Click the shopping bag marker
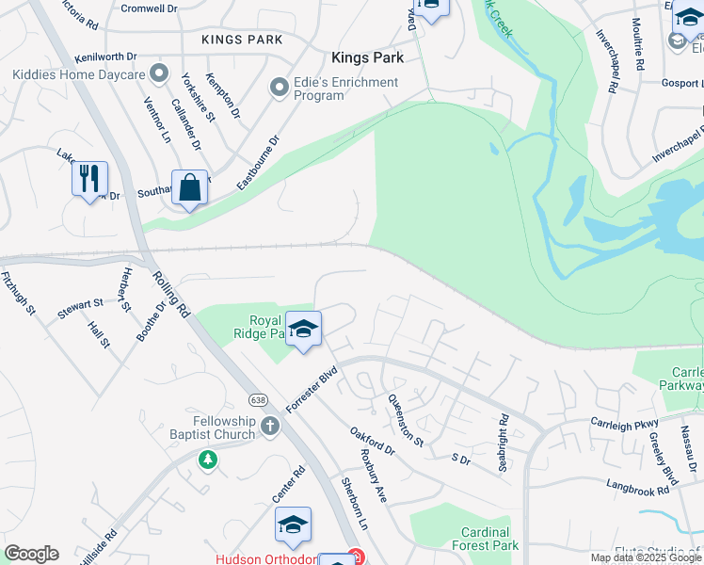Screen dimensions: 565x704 point(190,187)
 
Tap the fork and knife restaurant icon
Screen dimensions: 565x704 point(90,179)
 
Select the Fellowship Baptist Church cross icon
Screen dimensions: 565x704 point(270,426)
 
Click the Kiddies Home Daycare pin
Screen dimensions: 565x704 point(160,73)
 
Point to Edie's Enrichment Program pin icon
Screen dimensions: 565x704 point(279,89)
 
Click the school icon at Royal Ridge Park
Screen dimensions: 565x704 point(303,330)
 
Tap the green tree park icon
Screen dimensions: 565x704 point(208,460)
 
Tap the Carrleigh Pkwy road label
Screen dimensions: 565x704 point(627,420)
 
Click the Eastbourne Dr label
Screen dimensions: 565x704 point(258,163)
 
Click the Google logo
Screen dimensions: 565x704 point(31,554)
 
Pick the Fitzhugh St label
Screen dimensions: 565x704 point(19,293)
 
